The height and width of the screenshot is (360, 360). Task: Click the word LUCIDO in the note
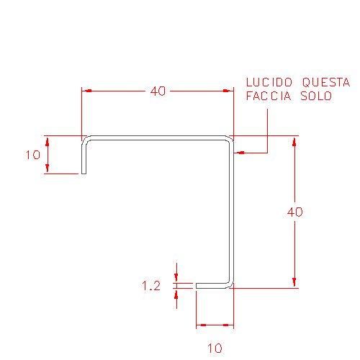[269, 82]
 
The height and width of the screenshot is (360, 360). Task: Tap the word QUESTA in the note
[326, 82]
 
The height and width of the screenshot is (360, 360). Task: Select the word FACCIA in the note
[269, 96]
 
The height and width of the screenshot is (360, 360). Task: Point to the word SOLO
[316, 96]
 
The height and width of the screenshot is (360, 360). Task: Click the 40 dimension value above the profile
[158, 91]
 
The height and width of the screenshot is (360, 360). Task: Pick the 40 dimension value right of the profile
[295, 212]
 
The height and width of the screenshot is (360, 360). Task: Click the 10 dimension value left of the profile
[33, 155]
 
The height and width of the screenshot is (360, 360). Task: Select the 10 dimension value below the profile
[215, 348]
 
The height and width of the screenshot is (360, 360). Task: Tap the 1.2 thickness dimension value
[151, 286]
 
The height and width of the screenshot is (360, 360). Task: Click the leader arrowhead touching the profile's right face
[239, 153]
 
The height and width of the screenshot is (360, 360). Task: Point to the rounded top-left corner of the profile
[86, 140]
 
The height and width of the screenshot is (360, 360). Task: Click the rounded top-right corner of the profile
[230, 140]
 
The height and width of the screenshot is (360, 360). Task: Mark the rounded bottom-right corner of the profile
[230, 284]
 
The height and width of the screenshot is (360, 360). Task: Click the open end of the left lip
[84, 174]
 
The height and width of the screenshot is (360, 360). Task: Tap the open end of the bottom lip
[197, 286]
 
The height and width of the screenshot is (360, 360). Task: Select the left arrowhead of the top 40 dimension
[86, 91]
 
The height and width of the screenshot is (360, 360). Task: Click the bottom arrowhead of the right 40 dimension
[294, 283]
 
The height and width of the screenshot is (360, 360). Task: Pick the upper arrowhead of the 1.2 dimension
[176, 278]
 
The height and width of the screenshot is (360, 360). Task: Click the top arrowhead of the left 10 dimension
[48, 141]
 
